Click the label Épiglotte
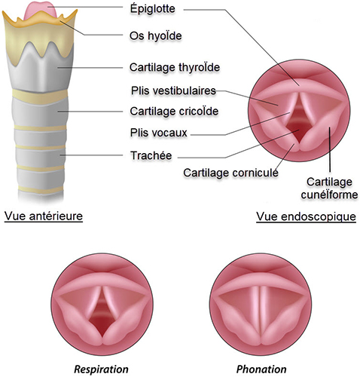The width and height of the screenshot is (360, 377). (152, 9)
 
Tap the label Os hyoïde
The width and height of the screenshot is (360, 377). (155, 36)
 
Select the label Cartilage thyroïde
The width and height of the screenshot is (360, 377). (175, 67)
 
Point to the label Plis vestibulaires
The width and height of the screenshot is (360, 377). (173, 90)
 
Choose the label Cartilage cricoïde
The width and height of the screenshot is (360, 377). (174, 112)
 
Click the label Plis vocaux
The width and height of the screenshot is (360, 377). (158, 133)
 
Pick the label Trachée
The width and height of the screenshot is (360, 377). (151, 155)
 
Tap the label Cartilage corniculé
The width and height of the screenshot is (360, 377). (230, 173)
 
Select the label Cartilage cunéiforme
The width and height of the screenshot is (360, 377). (329, 188)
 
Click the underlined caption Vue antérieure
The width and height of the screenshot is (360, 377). (44, 216)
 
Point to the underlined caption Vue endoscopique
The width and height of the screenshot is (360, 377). (306, 216)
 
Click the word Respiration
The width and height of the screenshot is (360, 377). (101, 369)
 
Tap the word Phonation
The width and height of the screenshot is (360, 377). (261, 369)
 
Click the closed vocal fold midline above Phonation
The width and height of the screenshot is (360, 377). (259, 314)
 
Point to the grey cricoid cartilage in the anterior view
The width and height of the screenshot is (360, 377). (40, 112)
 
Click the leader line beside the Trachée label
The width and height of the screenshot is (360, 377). (91, 155)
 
